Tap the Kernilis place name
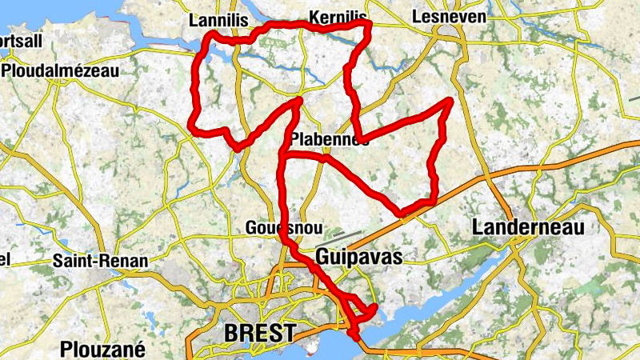pos(337,17)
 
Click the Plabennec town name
pos(329,138)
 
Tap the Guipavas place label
pos(358,257)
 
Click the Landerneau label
pos(529,227)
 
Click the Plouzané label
pos(101,349)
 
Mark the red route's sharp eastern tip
pos(450,101)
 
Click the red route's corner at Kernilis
pos(368,25)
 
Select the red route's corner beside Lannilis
pos(210,36)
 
